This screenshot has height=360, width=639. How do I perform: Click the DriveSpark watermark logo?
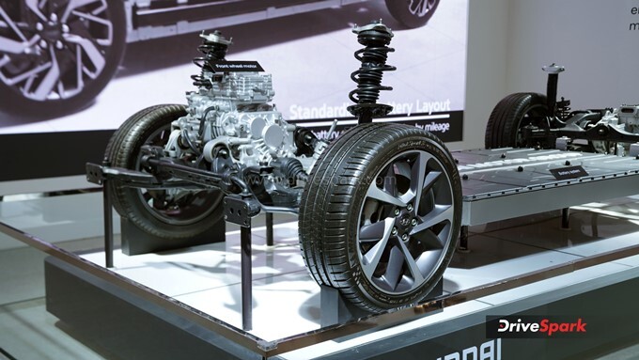(537, 326)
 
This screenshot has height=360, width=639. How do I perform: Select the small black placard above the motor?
(239, 67)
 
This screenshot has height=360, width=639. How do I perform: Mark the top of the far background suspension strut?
(553, 70)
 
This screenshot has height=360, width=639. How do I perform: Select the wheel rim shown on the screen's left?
(52, 47)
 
